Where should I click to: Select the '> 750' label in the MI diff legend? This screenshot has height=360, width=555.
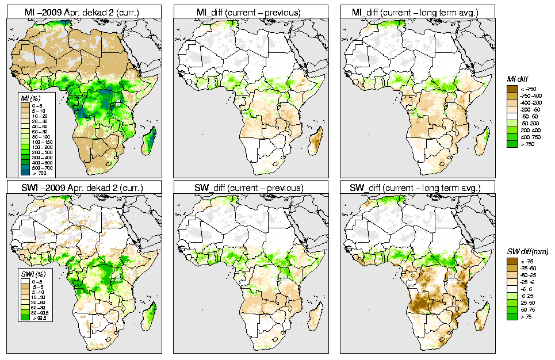click(x=527, y=145)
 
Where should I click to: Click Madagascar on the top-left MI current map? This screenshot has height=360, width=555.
click(x=151, y=141)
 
